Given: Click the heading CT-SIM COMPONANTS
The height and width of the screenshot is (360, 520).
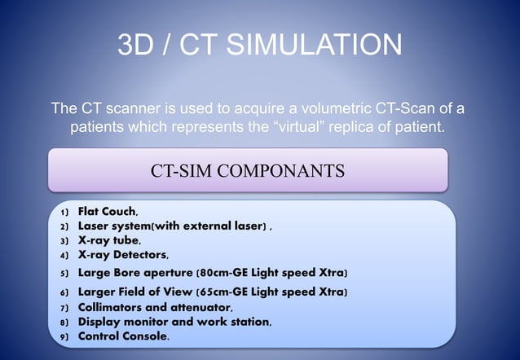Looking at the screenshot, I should [x=248, y=171].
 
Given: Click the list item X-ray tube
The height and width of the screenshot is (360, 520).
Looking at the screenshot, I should [x=108, y=241].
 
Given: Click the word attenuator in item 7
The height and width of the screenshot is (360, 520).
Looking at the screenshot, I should [x=201, y=307].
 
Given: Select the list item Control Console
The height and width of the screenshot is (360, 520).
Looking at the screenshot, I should [x=123, y=336].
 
